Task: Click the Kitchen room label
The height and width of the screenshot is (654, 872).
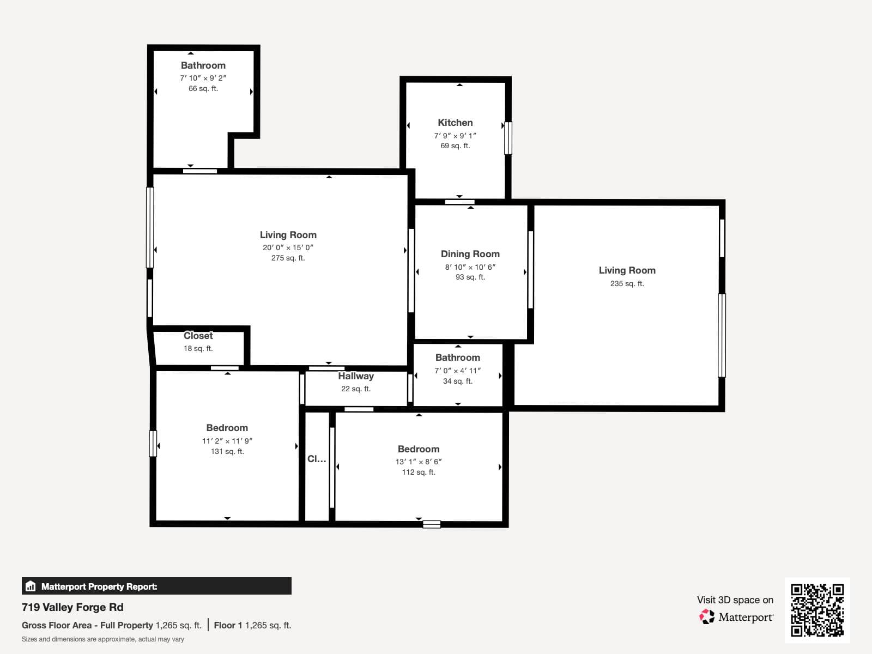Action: pyautogui.click(x=455, y=123)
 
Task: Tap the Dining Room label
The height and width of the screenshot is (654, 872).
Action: pyautogui.click(x=470, y=254)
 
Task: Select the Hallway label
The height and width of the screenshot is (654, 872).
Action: pyautogui.click(x=355, y=376)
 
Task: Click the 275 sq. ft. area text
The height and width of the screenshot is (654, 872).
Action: pyautogui.click(x=288, y=258)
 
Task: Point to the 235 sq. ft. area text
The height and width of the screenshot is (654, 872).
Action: pyautogui.click(x=627, y=283)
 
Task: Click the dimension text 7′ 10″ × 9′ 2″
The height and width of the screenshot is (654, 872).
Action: pyautogui.click(x=203, y=78)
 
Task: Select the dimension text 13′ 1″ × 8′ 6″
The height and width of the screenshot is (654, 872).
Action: pyautogui.click(x=419, y=462)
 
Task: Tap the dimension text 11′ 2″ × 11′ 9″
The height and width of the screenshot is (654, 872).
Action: pyautogui.click(x=227, y=441)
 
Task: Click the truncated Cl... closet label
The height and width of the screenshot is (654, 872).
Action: pyautogui.click(x=317, y=459)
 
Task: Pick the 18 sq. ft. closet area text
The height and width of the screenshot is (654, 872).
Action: pyautogui.click(x=198, y=349)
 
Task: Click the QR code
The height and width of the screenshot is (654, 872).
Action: pyautogui.click(x=817, y=610)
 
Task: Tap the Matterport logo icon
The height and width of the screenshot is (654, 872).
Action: pyautogui.click(x=706, y=617)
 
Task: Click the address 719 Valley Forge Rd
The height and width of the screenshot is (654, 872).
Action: pyautogui.click(x=72, y=607)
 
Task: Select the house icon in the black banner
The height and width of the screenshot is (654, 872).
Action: pyautogui.click(x=31, y=586)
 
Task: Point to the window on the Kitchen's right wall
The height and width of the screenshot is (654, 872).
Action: pyautogui.click(x=508, y=138)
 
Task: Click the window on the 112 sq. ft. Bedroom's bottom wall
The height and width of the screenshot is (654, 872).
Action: pyautogui.click(x=432, y=524)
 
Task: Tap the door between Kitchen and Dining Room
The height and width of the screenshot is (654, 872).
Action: pyautogui.click(x=459, y=202)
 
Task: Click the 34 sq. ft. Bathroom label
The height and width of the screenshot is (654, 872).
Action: pyautogui.click(x=458, y=358)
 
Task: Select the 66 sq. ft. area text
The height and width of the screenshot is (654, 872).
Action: pyautogui.click(x=203, y=88)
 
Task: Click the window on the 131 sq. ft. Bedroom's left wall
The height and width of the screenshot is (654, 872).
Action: pyautogui.click(x=153, y=444)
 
